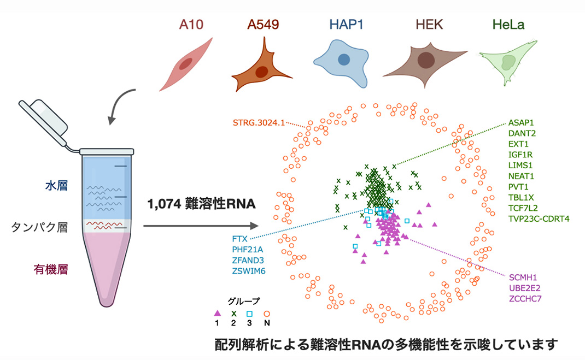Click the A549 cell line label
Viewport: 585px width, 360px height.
[x=264, y=25]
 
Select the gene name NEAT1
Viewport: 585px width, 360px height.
[x=520, y=175]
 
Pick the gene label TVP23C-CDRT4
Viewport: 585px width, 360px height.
[x=539, y=219]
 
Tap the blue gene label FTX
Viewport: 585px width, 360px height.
[x=239, y=239]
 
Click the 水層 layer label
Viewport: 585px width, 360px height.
[x=56, y=186]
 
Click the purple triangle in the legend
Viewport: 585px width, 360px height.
[x=218, y=314]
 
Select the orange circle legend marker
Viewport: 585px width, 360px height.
[x=267, y=314]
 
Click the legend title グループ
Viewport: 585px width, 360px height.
[x=243, y=300]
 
